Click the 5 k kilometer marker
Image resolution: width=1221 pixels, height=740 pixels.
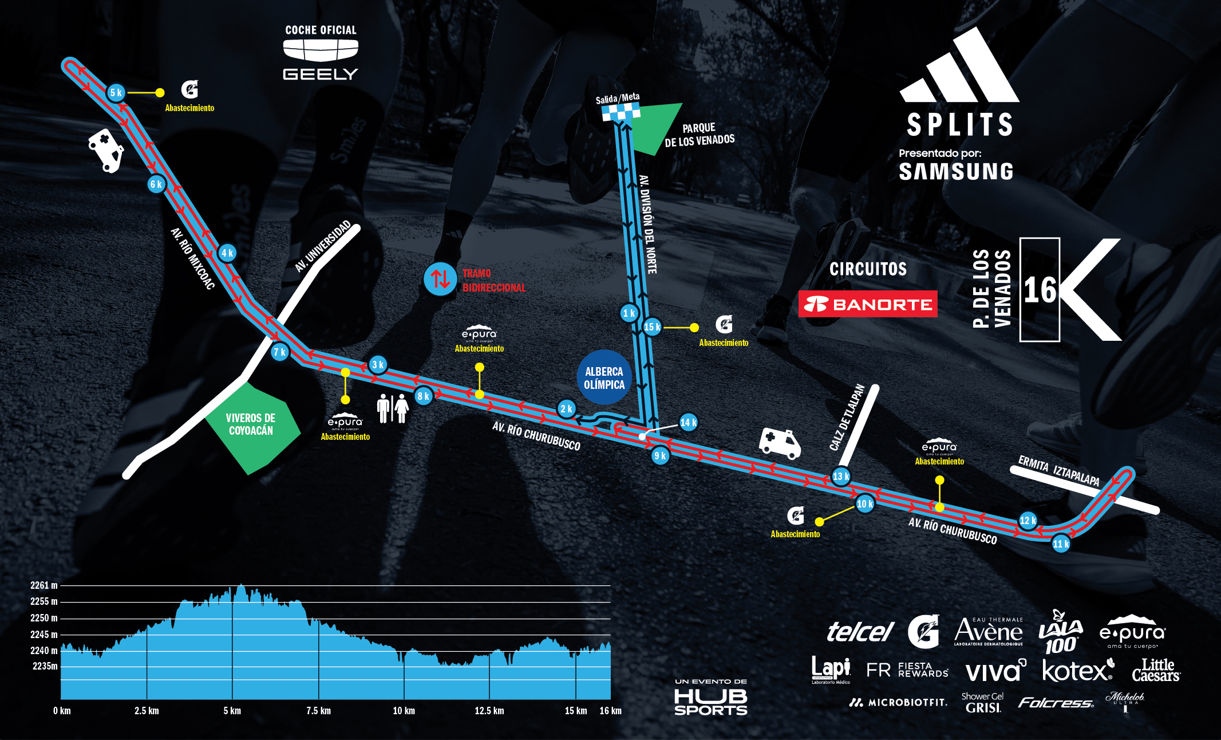(116, 93)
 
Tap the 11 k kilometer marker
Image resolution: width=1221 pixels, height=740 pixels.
(1061, 544)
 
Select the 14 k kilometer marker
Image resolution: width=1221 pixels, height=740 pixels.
(688, 423)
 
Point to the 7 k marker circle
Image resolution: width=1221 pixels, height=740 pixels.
(279, 352)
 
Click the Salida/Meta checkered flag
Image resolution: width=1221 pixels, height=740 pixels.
(621, 112)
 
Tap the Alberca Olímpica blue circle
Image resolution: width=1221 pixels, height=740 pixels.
(604, 378)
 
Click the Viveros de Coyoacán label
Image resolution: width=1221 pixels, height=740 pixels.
(251, 424)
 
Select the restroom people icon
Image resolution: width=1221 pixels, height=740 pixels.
(393, 408)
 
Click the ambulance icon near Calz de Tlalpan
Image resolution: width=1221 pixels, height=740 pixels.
(780, 443)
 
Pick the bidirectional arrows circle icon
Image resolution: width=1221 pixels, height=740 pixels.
(440, 279)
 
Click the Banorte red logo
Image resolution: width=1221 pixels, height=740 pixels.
(868, 304)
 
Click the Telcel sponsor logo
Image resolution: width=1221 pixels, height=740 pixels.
(860, 632)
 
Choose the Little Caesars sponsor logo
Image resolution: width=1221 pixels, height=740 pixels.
(1156, 670)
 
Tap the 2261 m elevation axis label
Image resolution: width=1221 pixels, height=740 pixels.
(44, 585)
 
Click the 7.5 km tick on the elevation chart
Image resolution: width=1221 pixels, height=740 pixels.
(318, 711)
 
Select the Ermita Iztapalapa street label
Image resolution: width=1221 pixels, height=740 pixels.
(1058, 471)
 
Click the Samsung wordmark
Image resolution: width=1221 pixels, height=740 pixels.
(955, 172)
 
